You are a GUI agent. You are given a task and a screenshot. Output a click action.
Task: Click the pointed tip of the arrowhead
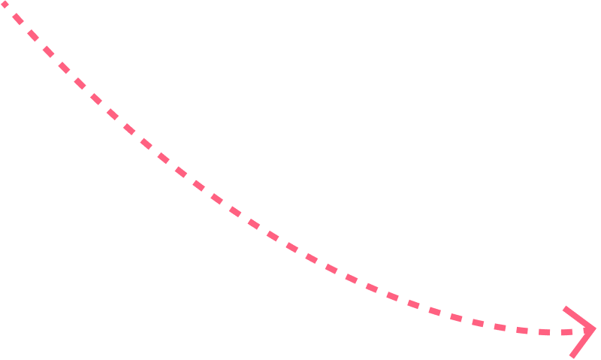click(x=594, y=328)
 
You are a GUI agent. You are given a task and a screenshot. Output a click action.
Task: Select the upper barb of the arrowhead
click(x=578, y=317)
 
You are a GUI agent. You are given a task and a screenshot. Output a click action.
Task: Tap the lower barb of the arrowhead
click(x=581, y=344)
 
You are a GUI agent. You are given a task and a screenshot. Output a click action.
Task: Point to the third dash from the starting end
click(x=32, y=35)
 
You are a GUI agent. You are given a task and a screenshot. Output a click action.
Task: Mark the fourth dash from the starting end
click(x=48, y=51)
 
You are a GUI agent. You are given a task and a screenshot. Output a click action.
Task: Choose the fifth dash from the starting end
click(x=64, y=68)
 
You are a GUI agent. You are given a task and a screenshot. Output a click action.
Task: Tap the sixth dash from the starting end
click(x=80, y=83)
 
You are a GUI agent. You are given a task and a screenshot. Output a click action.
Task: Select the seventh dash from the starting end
click(x=95, y=98)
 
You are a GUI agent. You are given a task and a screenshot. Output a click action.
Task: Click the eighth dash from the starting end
click(x=112, y=114)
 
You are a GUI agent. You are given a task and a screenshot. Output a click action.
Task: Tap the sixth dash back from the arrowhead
click(x=456, y=317)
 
